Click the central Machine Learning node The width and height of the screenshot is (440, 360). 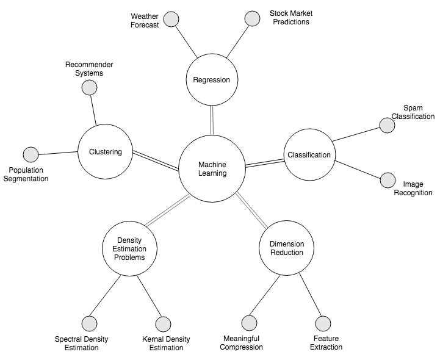click(212, 169)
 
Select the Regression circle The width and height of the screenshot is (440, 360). click(211, 80)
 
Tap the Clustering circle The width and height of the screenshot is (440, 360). click(105, 152)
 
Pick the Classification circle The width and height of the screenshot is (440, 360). click(309, 155)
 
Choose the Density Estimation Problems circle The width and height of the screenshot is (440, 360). click(129, 248)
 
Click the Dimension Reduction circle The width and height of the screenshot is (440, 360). click(286, 248)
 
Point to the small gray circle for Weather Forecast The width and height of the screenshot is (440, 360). click(171, 19)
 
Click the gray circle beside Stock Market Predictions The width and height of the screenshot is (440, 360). click(252, 19)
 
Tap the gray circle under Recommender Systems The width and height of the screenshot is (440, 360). click(89, 87)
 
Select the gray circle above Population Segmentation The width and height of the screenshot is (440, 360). click(31, 154)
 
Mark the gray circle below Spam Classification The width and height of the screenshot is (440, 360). click(387, 125)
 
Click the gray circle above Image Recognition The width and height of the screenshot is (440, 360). click(388, 180)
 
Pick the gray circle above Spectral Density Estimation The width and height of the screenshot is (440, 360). click(90, 323)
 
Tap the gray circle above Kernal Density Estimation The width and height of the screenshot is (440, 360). click(163, 324)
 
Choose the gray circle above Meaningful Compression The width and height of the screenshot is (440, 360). click(249, 323)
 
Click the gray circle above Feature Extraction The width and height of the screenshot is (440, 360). click(323, 323)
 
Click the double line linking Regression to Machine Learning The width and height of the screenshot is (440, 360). click(212, 120)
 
